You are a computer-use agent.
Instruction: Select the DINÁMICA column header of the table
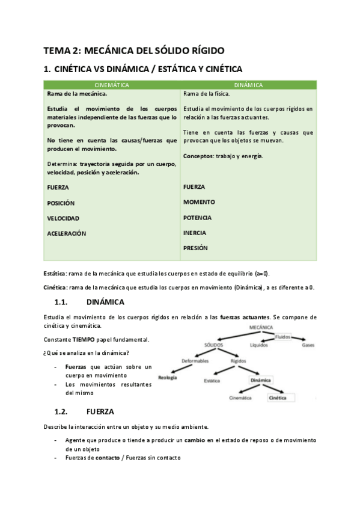[x=248, y=85]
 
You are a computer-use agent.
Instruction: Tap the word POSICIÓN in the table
[x=61, y=203]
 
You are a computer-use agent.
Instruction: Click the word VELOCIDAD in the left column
[x=63, y=218]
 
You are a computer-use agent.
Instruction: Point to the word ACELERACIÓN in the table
[x=67, y=233]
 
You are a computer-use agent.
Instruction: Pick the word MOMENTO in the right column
[x=199, y=202]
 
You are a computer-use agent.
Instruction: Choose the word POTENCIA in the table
[x=198, y=218]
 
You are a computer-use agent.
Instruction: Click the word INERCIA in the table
[x=195, y=233]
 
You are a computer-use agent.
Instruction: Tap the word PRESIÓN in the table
[x=195, y=248]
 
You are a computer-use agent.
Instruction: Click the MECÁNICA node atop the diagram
[x=260, y=327]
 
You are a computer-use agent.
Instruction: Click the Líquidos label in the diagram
[x=260, y=346]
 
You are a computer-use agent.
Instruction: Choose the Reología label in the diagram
[x=167, y=378]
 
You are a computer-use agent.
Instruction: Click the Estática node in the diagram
[x=212, y=381]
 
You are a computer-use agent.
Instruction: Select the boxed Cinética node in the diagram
[x=278, y=398]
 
